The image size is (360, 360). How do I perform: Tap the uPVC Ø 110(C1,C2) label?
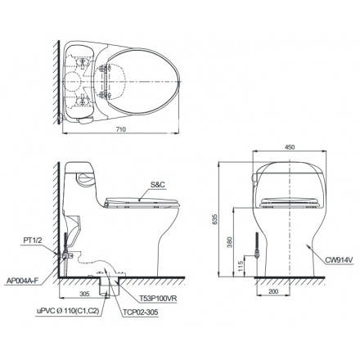[61, 311]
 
